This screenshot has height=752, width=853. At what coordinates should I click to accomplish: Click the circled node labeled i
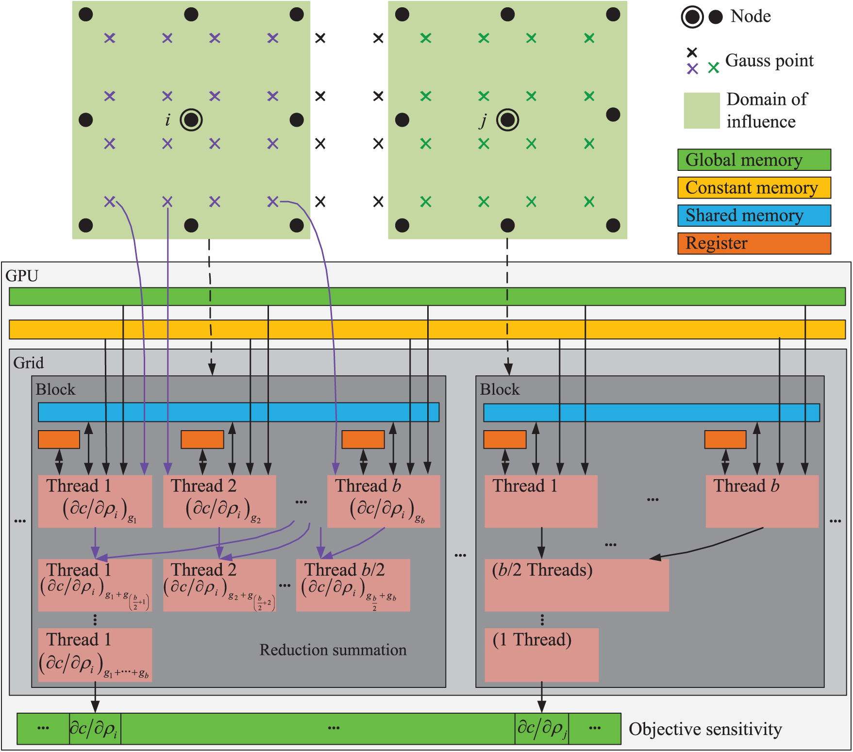[191, 120]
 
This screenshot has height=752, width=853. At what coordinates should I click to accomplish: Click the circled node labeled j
[508, 120]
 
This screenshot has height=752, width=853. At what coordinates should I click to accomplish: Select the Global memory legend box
[753, 160]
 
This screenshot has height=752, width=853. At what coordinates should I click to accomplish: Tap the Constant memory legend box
[753, 187]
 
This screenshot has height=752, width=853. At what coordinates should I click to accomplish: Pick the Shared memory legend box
[753, 215]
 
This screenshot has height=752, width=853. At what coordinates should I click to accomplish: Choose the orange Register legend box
[753, 243]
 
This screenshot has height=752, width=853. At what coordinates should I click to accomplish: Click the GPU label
[22, 276]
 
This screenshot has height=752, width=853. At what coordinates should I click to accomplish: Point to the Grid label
[28, 363]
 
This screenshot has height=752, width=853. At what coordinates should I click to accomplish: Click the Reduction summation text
[333, 650]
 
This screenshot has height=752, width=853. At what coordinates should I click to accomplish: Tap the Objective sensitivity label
[705, 729]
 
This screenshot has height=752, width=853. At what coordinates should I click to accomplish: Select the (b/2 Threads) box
[576, 585]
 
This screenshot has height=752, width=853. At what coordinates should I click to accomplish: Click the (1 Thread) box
[541, 654]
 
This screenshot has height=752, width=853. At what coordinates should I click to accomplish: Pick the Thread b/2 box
[353, 585]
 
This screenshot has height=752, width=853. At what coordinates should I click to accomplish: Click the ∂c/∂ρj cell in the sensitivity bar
[542, 728]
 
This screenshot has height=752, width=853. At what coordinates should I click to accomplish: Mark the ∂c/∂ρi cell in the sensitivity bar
[95, 728]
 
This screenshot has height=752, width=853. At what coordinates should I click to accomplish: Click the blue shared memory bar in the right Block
[651, 413]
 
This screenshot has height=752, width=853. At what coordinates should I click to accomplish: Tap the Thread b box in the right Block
[762, 501]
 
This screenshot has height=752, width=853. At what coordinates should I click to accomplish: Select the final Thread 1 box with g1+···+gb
[95, 654]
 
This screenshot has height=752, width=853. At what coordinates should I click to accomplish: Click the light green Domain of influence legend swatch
[702, 111]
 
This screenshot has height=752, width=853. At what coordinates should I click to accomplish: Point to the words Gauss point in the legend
[769, 61]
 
